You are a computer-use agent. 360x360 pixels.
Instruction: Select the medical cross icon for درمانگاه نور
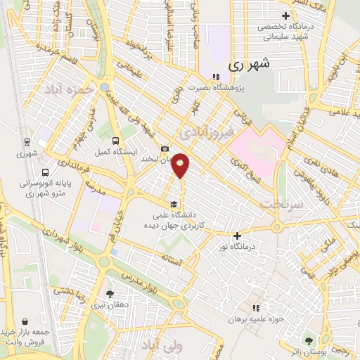click(x=238, y=236)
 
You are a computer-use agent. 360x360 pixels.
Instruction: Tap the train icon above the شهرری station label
click(x=26, y=141)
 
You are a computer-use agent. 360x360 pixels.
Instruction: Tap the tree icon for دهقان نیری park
click(x=109, y=294)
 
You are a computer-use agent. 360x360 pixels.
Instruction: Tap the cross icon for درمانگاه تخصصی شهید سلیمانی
click(x=285, y=15)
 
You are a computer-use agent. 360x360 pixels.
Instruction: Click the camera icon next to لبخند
click(x=165, y=149)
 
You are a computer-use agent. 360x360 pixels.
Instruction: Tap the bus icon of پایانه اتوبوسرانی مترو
click(x=45, y=172)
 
